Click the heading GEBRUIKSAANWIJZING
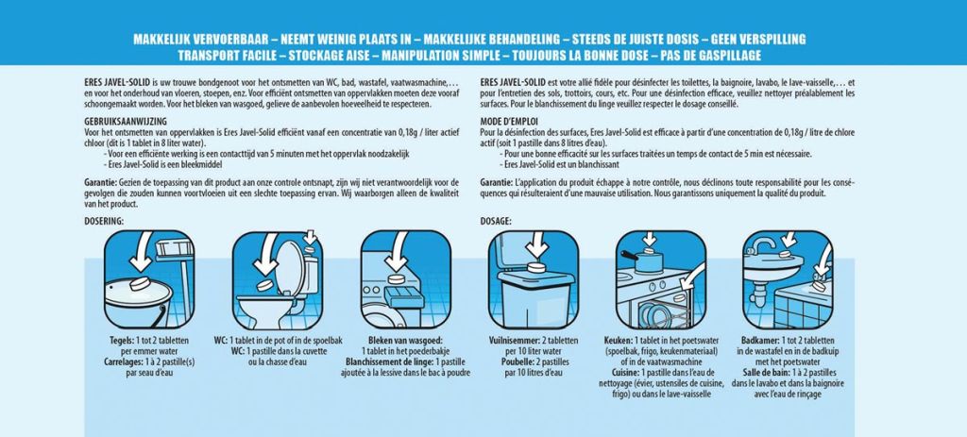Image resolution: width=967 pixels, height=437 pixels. (x=126, y=122)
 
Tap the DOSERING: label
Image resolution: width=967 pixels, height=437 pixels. (x=104, y=221)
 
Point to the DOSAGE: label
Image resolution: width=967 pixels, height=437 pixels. (x=496, y=221)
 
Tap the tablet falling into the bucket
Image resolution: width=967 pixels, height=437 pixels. (x=142, y=285)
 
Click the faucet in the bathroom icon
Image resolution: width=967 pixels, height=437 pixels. (x=760, y=245)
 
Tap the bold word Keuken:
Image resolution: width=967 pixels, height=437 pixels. (x=618, y=340)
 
